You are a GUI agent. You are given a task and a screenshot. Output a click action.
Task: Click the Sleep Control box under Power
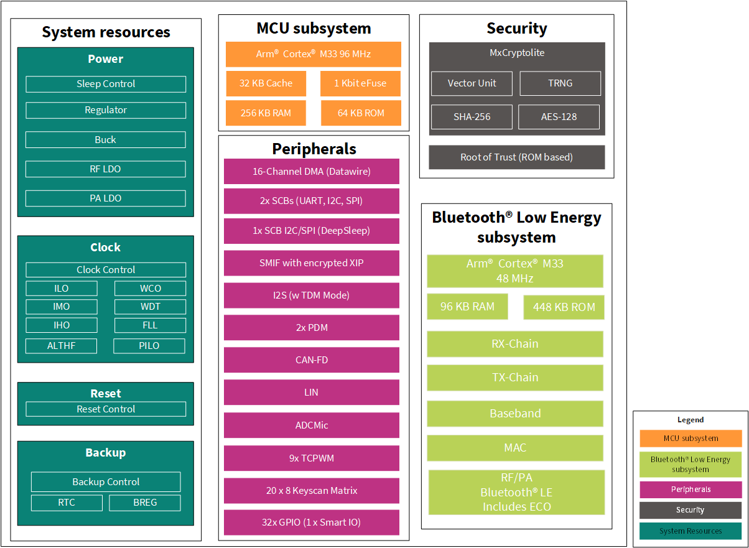(x=106, y=84)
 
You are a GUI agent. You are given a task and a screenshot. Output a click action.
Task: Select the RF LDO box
(x=106, y=169)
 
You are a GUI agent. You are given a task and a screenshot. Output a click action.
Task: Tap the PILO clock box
(x=149, y=346)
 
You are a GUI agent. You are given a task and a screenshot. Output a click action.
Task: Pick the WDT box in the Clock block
(x=150, y=307)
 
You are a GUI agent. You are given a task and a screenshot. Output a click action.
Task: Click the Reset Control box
(x=106, y=409)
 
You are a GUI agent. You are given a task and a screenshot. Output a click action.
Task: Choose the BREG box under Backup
(x=145, y=503)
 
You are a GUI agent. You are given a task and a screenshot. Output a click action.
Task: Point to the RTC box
(x=67, y=503)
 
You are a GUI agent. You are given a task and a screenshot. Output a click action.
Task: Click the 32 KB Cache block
(x=266, y=83)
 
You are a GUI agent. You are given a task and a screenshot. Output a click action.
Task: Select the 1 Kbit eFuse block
(x=360, y=83)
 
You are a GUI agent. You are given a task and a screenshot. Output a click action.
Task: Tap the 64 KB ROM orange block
(x=361, y=113)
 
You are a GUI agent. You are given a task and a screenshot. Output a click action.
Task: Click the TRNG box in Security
(x=560, y=83)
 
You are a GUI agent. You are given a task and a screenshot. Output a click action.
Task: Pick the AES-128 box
(x=559, y=117)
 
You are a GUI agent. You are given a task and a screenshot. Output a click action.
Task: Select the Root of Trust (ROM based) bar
(x=516, y=157)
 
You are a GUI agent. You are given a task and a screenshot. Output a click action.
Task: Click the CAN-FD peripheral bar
(x=311, y=360)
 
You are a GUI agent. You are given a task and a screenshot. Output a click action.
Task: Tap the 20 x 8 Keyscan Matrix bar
(x=311, y=491)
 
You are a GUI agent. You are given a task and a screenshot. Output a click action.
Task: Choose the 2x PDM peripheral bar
(x=311, y=327)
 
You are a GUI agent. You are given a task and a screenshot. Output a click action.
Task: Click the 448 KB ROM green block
(x=564, y=307)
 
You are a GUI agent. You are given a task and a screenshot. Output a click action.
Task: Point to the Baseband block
(x=515, y=414)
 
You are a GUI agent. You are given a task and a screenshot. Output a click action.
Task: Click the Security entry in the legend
(x=691, y=510)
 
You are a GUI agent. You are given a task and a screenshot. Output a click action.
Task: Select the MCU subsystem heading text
(x=314, y=29)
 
